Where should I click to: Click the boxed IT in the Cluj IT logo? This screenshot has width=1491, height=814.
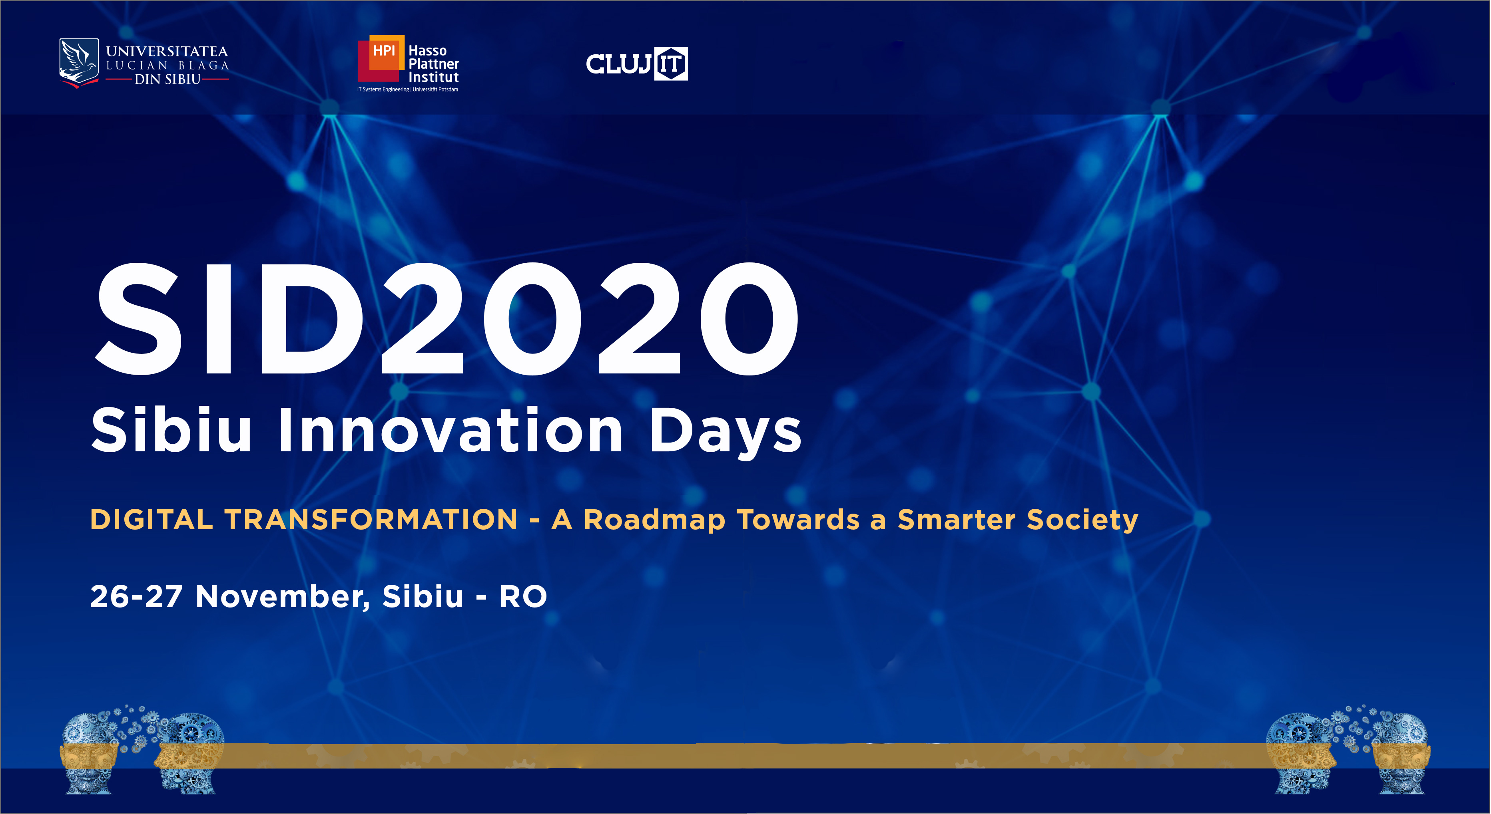coord(671,64)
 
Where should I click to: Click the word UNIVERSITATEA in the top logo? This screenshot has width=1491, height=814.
coord(167,52)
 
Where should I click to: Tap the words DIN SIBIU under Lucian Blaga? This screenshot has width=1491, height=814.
coord(167,79)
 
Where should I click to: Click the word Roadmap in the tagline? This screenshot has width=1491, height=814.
coord(654,520)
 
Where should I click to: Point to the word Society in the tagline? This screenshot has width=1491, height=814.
coord(1082,520)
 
